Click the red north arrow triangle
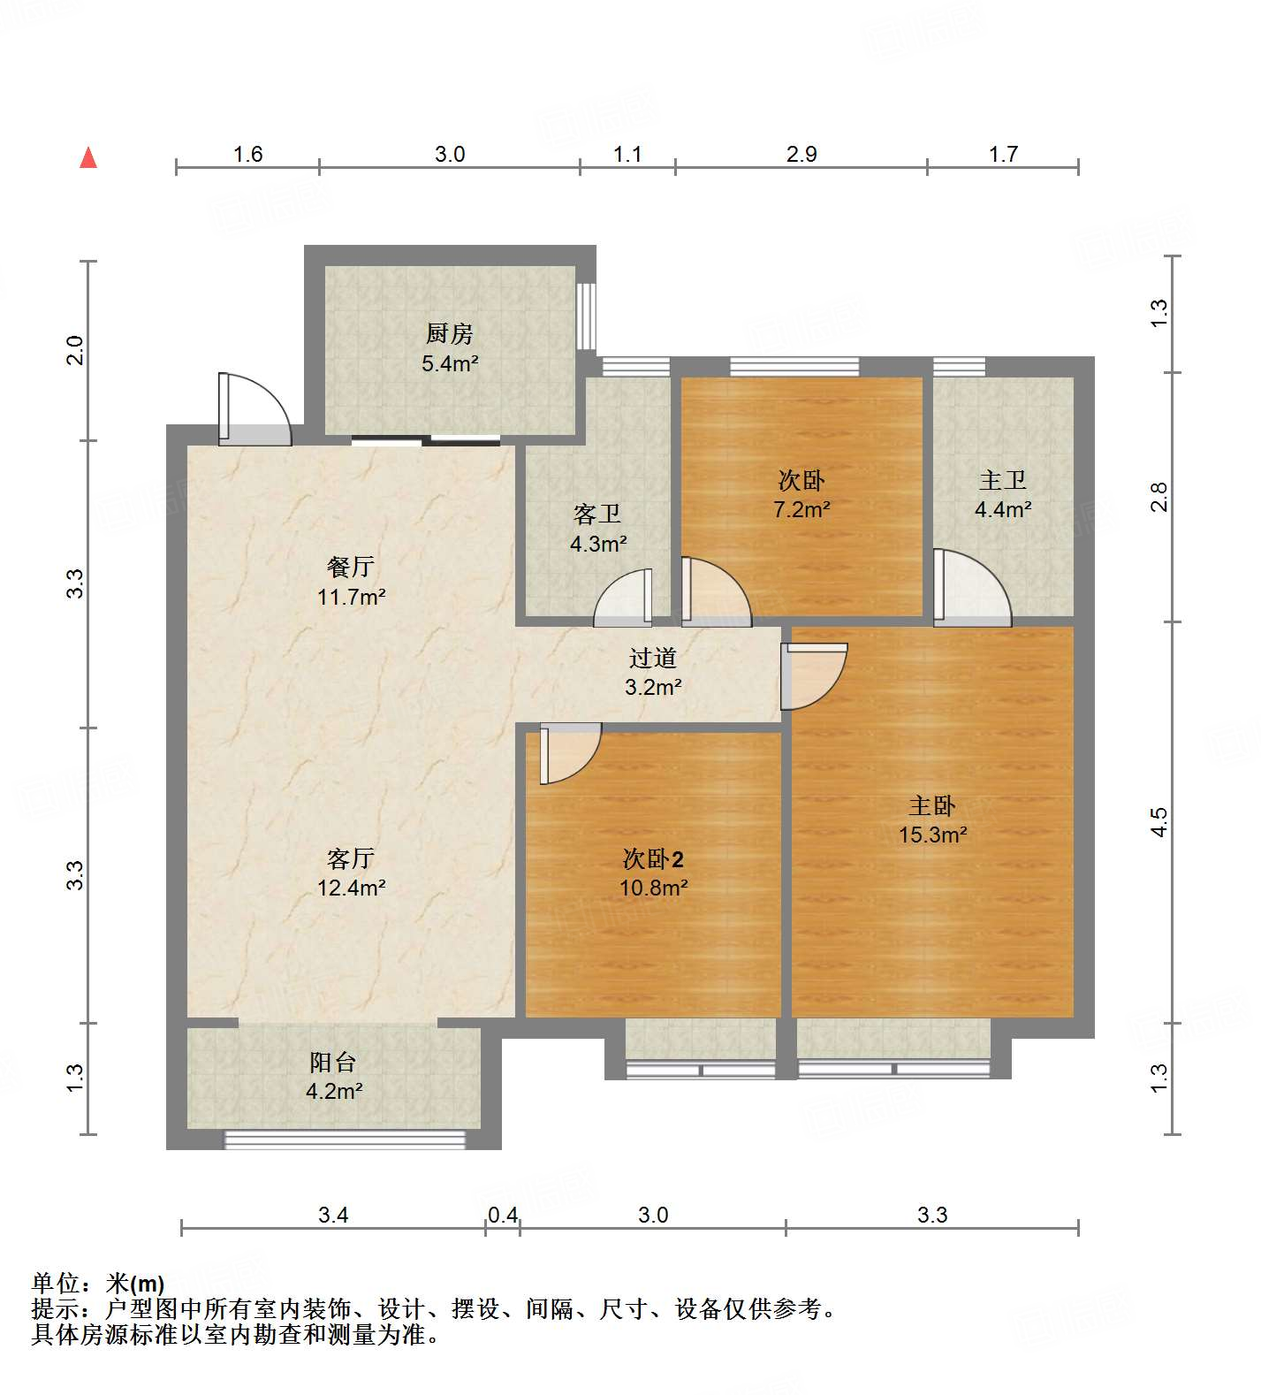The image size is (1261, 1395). pyautogui.click(x=88, y=158)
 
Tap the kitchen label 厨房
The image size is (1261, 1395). pyautogui.click(x=449, y=334)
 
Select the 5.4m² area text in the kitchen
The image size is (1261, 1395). pyautogui.click(x=449, y=363)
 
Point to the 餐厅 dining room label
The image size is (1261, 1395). pyautogui.click(x=351, y=567)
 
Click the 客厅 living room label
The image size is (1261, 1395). pyautogui.click(x=351, y=858)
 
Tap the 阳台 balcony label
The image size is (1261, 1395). pyautogui.click(x=333, y=1062)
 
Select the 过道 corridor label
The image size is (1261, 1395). pyautogui.click(x=653, y=658)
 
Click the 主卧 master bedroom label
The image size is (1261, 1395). pyautogui.click(x=932, y=805)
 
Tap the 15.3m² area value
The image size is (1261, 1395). pyautogui.click(x=932, y=835)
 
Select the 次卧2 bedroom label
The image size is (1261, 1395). pyautogui.click(x=653, y=858)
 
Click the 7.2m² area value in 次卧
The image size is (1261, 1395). pyautogui.click(x=801, y=509)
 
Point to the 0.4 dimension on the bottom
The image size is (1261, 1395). pyautogui.click(x=503, y=1215)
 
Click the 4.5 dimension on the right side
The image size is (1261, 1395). pyautogui.click(x=1158, y=822)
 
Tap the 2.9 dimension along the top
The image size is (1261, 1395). pyautogui.click(x=801, y=155)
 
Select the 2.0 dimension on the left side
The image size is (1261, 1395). pyautogui.click(x=76, y=351)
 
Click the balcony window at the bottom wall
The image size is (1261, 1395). pyautogui.click(x=345, y=1140)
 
